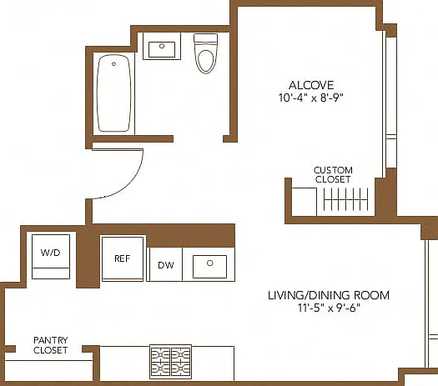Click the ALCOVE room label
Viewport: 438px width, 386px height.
point(311,85)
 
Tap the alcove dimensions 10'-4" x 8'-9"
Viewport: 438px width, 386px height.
point(311,98)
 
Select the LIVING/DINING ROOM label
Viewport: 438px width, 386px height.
point(329,295)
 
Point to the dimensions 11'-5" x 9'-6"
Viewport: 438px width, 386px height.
point(329,308)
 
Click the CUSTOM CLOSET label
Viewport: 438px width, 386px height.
point(333,175)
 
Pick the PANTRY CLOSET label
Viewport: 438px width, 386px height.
point(51,345)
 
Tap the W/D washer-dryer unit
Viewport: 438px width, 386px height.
point(51,257)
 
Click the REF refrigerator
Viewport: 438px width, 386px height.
point(123,258)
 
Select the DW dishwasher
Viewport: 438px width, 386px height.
point(165,264)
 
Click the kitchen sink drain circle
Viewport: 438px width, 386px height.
point(209,263)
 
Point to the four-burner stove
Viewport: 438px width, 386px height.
point(171,362)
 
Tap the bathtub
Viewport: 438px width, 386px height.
point(113,93)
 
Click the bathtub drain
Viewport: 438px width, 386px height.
point(113,64)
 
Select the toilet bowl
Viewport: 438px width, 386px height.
point(206,61)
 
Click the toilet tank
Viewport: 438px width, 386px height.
point(205,38)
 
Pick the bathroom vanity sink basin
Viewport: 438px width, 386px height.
point(162,49)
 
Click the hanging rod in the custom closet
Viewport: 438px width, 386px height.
point(346,199)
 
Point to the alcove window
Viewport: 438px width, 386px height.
point(391,102)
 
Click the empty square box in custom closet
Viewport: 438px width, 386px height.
point(305,202)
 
